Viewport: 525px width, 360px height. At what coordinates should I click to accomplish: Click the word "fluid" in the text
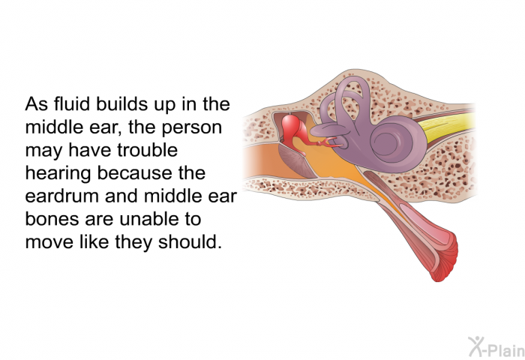(x=72, y=103)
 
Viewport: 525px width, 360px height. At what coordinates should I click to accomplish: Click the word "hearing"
(x=58, y=174)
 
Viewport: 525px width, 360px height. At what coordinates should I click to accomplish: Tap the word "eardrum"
(x=62, y=196)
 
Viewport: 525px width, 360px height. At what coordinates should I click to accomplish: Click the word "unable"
(x=149, y=219)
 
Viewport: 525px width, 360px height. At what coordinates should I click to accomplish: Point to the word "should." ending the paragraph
(x=190, y=241)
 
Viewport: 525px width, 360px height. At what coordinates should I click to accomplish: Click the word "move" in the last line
(x=49, y=242)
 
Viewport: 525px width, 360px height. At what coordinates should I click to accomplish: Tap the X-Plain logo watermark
(x=496, y=347)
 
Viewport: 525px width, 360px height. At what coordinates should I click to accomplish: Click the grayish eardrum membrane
(x=296, y=160)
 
